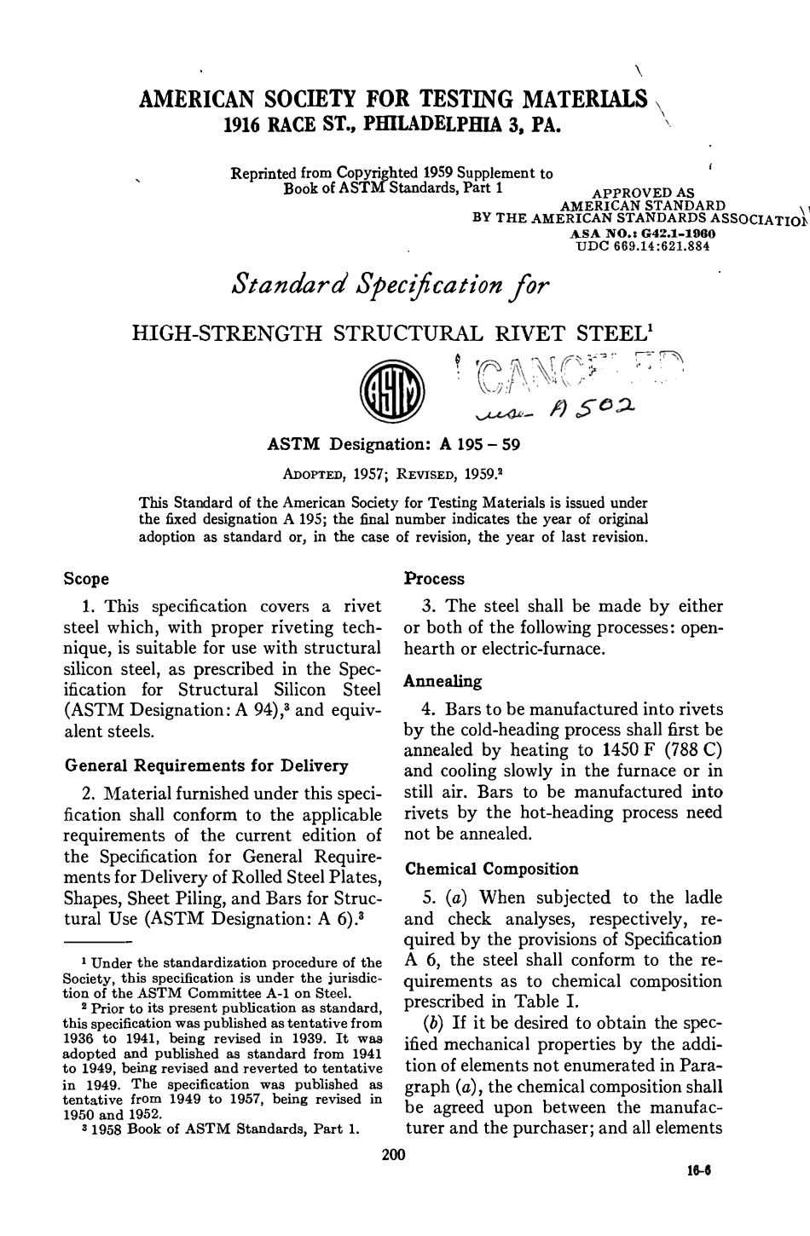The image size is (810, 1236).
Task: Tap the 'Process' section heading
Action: [x=434, y=579]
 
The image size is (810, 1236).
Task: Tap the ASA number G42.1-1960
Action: [x=665, y=233]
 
